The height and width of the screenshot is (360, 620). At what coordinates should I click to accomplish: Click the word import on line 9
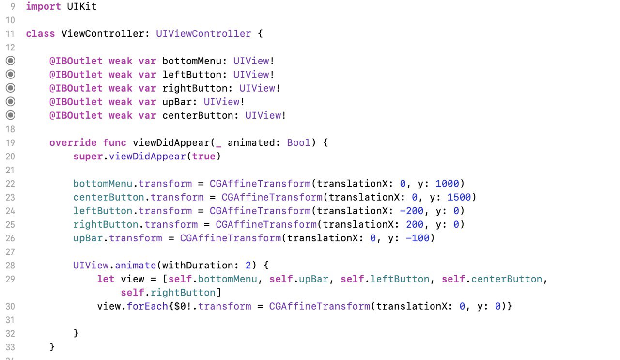[x=43, y=7]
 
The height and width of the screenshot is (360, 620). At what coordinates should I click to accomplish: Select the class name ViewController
[x=102, y=34]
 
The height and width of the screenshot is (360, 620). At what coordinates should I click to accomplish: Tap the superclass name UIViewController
[x=203, y=34]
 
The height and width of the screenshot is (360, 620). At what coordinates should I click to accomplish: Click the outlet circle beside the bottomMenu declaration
[x=11, y=61]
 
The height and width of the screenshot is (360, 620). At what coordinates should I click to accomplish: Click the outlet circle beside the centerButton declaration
[x=11, y=115]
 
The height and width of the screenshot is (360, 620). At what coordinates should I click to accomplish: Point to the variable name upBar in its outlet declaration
[x=177, y=102]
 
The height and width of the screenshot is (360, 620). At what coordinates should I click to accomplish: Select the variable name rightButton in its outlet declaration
[x=195, y=88]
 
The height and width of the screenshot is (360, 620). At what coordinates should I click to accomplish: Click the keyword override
[x=73, y=143]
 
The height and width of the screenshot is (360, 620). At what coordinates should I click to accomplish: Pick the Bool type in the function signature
[x=299, y=143]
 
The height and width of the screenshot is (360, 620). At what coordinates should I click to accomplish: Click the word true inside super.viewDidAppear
[x=204, y=157]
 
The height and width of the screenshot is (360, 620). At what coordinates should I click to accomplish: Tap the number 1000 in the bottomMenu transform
[x=447, y=184]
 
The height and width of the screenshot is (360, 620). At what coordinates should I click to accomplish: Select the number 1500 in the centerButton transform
[x=459, y=197]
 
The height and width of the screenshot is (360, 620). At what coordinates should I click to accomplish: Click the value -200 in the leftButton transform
[x=412, y=211]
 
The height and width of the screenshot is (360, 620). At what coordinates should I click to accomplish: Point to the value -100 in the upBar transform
[x=418, y=238]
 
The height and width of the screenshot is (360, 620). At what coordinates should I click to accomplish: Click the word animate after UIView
[x=135, y=266]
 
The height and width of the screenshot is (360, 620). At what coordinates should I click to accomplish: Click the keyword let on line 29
[x=106, y=279]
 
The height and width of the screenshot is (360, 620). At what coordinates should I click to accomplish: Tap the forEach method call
[x=147, y=306]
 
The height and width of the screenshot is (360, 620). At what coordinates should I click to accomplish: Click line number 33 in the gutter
[x=10, y=347]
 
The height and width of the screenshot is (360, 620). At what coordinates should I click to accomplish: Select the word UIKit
[x=82, y=7]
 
